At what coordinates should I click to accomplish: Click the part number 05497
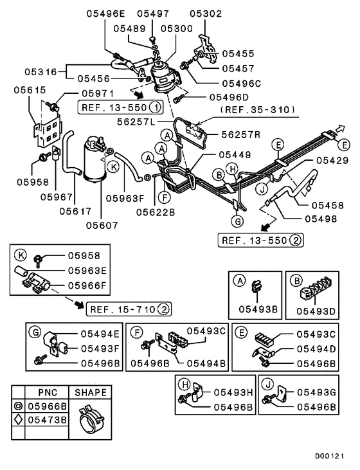tap(152, 14)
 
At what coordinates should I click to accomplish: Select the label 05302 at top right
tap(205, 14)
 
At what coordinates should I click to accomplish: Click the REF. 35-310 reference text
tap(256, 110)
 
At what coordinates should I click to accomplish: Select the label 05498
tap(319, 219)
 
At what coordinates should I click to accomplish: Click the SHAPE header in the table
tap(91, 392)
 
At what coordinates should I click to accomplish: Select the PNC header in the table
tap(47, 392)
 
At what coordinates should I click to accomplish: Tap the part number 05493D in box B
tap(316, 311)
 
